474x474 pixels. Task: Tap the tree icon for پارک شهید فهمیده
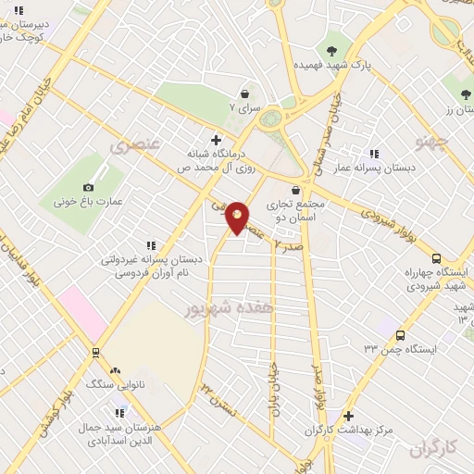332,48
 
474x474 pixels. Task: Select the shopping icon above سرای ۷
244,94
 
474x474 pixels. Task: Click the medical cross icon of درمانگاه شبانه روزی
216,141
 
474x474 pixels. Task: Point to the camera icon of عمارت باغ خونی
89,187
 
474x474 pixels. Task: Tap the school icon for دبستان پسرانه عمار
374,155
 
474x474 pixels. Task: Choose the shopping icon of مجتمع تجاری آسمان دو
295,190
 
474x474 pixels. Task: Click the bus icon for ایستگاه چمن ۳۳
400,334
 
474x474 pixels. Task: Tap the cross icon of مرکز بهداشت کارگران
348,417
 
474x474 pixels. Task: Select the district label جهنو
431,141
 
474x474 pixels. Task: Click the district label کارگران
432,449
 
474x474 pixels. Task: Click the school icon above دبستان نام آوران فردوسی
151,245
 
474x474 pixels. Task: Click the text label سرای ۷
246,108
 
